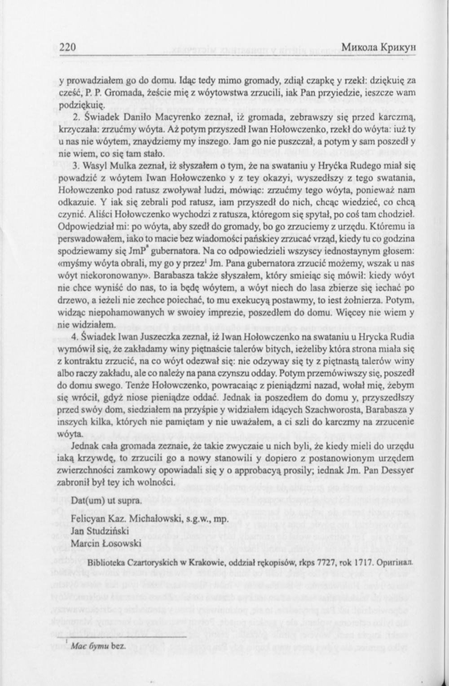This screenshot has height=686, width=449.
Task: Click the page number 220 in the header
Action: pos(69,48)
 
